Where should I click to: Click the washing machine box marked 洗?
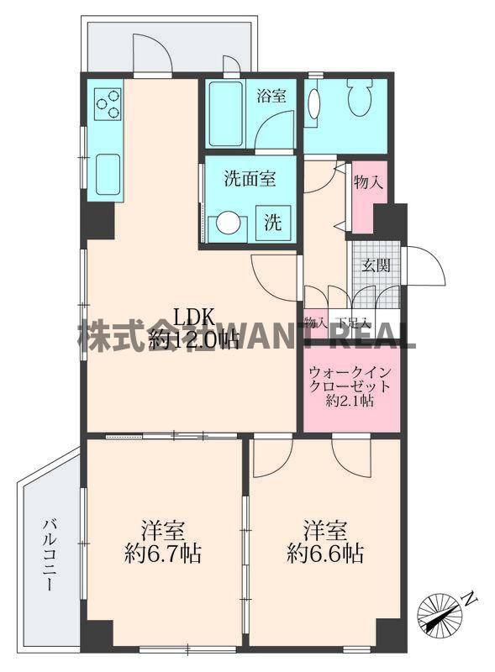[273, 223]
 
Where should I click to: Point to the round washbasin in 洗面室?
[229, 224]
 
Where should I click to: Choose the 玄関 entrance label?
[375, 266]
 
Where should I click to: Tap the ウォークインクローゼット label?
[350, 379]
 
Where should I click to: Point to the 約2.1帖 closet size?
[350, 402]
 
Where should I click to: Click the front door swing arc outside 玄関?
[426, 267]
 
